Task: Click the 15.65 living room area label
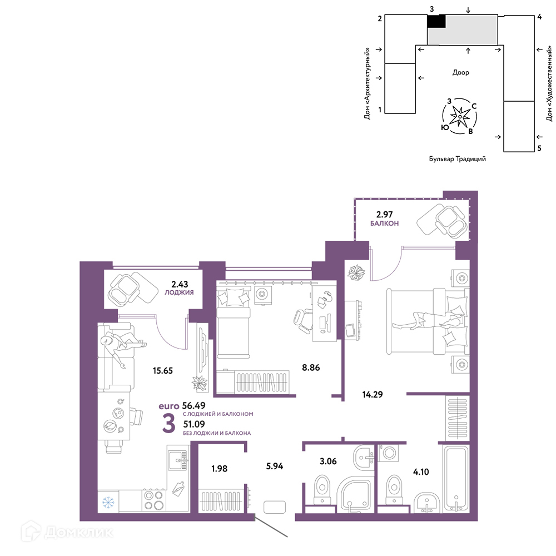(x=163, y=370)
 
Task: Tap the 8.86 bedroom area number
(x=311, y=368)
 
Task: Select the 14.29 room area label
(x=373, y=394)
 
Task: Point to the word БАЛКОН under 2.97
(x=384, y=224)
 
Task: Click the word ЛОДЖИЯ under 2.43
(x=179, y=292)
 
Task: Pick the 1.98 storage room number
(x=219, y=468)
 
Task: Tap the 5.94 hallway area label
(x=275, y=466)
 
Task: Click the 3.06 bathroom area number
(x=328, y=461)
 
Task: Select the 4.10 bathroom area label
(x=421, y=471)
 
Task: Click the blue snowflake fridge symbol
(x=108, y=502)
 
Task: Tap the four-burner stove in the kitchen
(x=154, y=500)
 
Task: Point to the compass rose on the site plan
(x=460, y=116)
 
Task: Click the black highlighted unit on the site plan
(x=436, y=21)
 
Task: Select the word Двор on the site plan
(x=460, y=72)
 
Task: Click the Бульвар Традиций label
(x=458, y=159)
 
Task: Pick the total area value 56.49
(x=193, y=405)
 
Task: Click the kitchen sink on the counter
(x=178, y=460)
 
